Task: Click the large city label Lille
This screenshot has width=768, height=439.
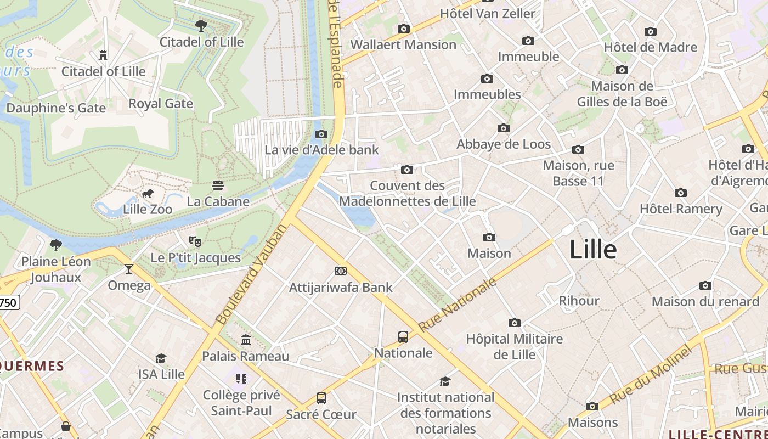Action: [593, 250]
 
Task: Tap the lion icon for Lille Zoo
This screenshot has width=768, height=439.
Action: [148, 193]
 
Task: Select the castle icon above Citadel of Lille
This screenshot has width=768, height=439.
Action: [103, 55]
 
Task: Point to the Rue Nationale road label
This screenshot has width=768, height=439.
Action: [458, 305]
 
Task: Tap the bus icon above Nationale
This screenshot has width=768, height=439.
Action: [403, 337]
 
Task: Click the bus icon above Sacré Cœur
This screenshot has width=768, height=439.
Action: [321, 398]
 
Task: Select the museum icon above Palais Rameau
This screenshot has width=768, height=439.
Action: [246, 340]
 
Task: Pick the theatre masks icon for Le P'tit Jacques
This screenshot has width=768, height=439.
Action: [195, 241]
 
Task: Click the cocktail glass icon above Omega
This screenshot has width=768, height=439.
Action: [129, 269]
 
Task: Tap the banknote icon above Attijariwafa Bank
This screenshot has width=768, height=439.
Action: [341, 271]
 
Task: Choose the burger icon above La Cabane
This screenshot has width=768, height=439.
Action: [218, 185]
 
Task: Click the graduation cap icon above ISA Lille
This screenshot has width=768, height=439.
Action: [161, 358]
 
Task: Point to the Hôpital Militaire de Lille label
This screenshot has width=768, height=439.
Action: [514, 346]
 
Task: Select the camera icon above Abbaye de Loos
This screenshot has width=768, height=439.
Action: [504, 128]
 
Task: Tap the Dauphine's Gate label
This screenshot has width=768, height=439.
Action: [56, 108]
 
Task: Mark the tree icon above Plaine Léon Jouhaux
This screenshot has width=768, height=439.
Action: [55, 245]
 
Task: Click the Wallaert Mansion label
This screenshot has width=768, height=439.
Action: [403, 44]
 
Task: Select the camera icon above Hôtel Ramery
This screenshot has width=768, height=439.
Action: [681, 193]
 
